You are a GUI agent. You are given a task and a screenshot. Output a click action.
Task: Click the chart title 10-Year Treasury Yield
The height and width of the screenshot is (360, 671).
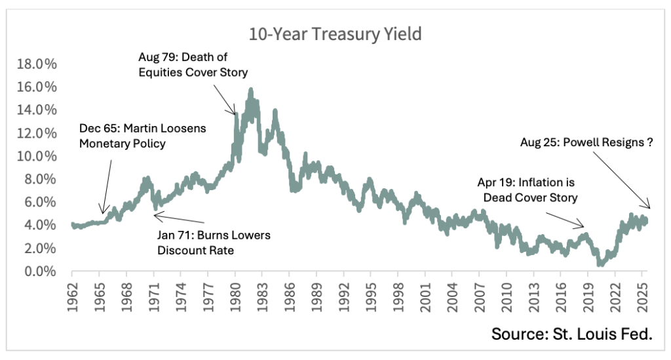(335, 35)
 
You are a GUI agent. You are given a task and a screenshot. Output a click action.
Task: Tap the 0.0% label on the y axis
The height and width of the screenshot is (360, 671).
(41, 271)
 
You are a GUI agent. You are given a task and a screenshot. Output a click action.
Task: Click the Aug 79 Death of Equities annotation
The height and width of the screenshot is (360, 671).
(193, 64)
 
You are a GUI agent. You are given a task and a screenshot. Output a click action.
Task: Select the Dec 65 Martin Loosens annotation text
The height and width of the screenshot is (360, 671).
(142, 135)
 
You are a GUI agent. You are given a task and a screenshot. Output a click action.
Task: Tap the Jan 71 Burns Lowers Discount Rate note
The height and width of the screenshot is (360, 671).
(213, 242)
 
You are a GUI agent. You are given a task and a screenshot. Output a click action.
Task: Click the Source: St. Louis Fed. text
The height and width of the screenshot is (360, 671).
(572, 334)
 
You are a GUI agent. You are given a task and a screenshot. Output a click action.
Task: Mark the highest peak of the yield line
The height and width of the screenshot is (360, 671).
(251, 89)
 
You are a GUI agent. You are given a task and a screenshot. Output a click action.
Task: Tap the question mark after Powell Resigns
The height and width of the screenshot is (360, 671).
(649, 142)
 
